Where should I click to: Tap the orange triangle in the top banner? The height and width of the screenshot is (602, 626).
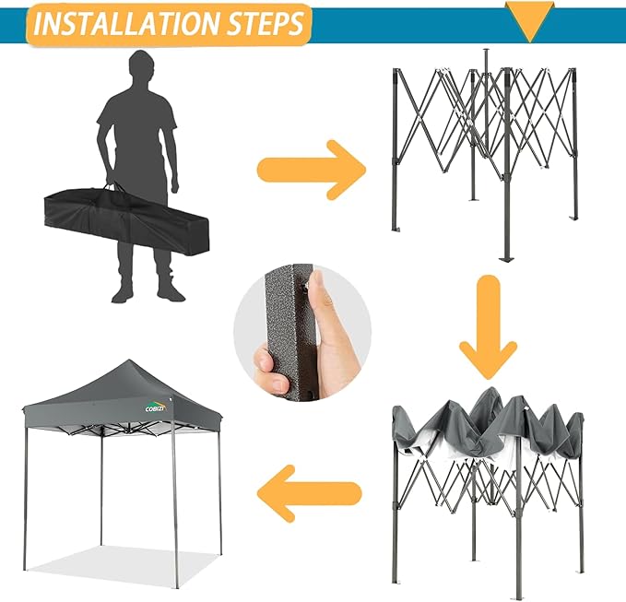click(x=531, y=20)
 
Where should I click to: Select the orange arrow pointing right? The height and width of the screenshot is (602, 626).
click(x=310, y=170)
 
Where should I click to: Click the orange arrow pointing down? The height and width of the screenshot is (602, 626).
click(x=488, y=332)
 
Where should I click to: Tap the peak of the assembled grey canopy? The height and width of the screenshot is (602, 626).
click(x=129, y=363)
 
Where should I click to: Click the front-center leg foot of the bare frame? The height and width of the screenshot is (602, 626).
click(x=504, y=259)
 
